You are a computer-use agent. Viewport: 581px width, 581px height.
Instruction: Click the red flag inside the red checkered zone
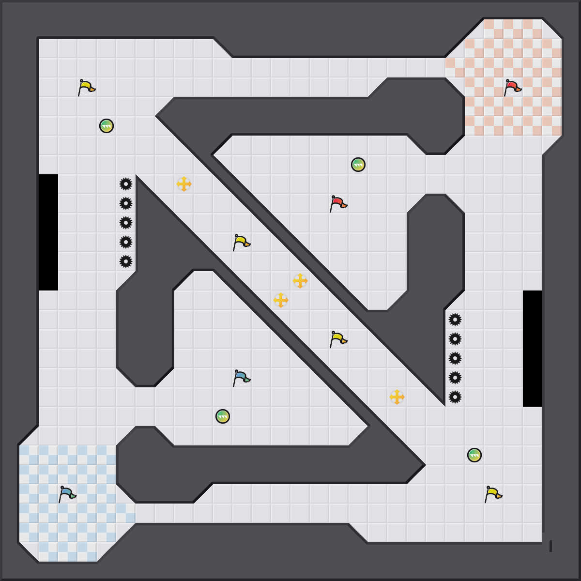tap(512, 88)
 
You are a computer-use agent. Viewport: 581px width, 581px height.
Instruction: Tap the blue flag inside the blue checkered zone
tap(67, 494)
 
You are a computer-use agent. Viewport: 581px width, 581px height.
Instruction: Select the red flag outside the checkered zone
tap(338, 204)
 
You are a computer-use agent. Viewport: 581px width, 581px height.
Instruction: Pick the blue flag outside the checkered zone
tap(241, 378)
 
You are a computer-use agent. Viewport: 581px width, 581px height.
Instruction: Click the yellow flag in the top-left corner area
tap(86, 88)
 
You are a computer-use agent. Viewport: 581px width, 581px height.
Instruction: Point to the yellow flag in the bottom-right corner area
tap(493, 494)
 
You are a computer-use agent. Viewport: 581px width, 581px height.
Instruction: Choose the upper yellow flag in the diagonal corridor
tap(241, 243)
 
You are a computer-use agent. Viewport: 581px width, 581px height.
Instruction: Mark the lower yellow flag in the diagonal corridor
tap(338, 339)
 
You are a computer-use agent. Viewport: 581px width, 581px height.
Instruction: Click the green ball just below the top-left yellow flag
tap(107, 126)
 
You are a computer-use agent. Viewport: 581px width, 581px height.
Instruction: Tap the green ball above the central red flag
tap(358, 165)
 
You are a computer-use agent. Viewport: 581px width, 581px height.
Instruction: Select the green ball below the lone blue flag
tap(223, 416)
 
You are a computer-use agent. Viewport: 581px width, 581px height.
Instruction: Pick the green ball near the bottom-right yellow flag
tap(474, 455)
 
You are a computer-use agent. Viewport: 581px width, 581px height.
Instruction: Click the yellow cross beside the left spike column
tap(184, 184)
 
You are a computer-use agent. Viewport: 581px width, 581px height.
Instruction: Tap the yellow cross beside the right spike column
tap(397, 397)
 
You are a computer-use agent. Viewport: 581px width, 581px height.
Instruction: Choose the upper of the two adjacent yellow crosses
tap(300, 281)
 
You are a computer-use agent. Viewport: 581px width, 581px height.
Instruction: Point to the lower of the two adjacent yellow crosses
tap(281, 300)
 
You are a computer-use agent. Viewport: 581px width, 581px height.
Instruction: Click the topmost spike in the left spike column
tap(126, 184)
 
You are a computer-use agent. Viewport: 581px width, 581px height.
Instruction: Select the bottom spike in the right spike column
tap(455, 397)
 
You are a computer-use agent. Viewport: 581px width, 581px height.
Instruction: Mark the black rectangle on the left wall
tap(48, 232)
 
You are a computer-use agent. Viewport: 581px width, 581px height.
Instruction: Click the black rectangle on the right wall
tap(533, 349)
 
